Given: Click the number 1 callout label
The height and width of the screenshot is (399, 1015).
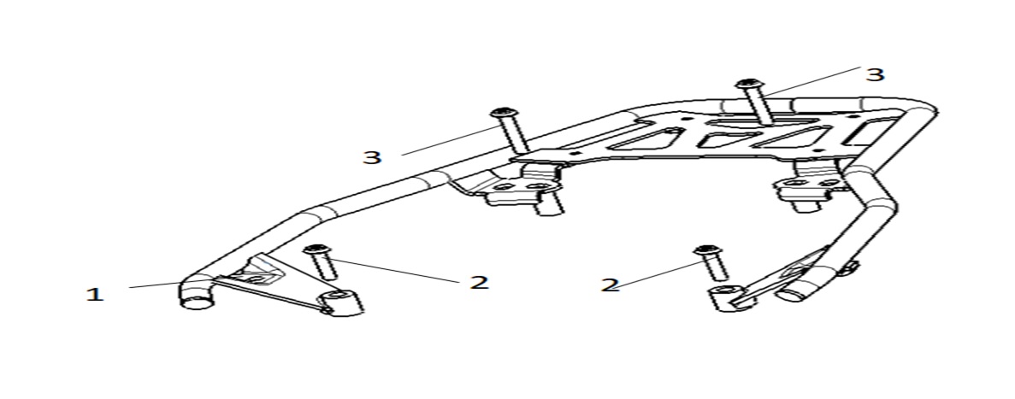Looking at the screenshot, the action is [95, 295].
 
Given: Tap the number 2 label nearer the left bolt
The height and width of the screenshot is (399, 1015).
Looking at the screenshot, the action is [479, 282].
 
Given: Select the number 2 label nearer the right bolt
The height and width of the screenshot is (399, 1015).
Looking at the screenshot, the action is [610, 285].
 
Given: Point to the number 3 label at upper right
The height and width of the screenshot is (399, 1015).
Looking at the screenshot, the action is [875, 74].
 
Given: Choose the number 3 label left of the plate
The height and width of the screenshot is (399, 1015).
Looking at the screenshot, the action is [372, 157].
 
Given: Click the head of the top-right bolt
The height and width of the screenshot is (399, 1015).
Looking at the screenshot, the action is [749, 84].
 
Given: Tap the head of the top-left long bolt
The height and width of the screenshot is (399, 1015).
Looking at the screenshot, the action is [504, 112].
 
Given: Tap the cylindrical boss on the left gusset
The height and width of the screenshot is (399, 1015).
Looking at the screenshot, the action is [342, 302].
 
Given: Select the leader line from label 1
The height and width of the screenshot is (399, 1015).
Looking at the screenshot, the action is [155, 285].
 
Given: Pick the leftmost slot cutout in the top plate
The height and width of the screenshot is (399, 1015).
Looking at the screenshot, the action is [649, 138].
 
